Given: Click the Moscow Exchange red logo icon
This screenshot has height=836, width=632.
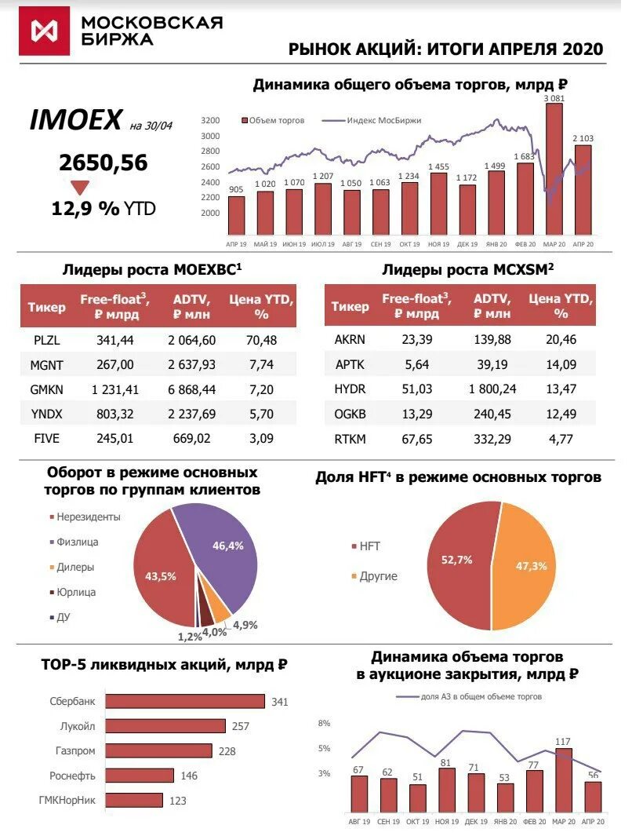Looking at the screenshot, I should [x=44, y=31].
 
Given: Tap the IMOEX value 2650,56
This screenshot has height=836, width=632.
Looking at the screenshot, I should [x=103, y=162].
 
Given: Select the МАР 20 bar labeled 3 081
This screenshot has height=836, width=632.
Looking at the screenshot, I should [x=554, y=169].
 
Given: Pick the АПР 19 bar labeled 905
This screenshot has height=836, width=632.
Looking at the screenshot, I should [x=236, y=215].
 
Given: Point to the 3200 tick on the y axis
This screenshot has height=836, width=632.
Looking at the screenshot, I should [x=210, y=121].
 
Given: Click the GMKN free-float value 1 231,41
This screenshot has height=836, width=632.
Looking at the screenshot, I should [x=110, y=389].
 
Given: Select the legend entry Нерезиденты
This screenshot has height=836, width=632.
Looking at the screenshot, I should [x=88, y=517].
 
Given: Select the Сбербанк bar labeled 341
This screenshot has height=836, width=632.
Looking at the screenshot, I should [x=185, y=701].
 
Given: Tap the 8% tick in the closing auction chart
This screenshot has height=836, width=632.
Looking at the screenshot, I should [x=324, y=723].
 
